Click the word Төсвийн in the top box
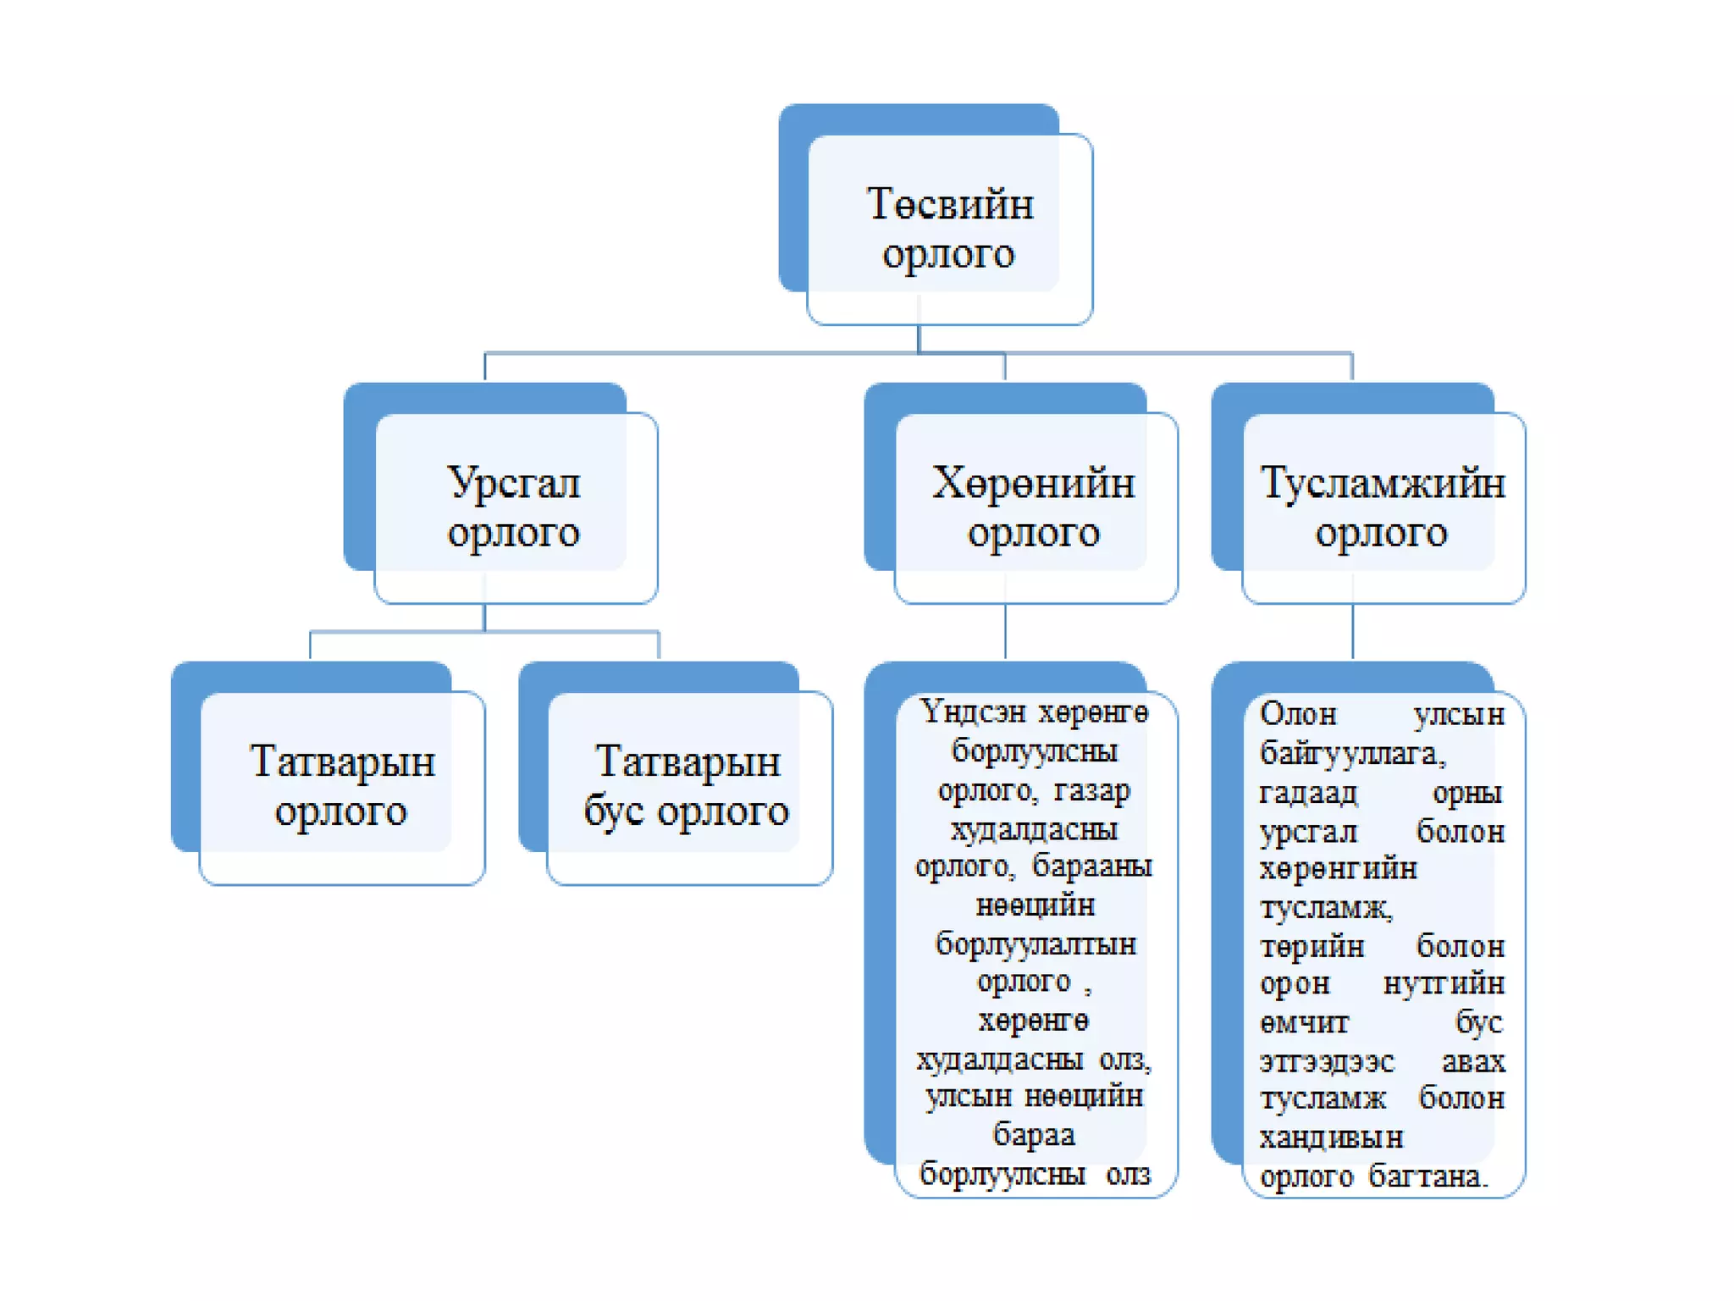click(x=949, y=204)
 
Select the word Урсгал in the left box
click(x=513, y=484)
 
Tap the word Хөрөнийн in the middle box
click(x=1033, y=484)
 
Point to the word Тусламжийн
click(x=1383, y=484)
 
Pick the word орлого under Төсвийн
click(x=948, y=253)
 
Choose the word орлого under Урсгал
click(x=513, y=533)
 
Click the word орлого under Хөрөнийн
click(x=1033, y=533)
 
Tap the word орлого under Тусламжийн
click(x=1381, y=533)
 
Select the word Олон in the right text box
click(x=1298, y=714)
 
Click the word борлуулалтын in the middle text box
click(x=1035, y=944)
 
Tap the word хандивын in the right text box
click(x=1330, y=1137)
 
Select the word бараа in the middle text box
click(x=1034, y=1135)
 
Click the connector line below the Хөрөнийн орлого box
click(x=1005, y=631)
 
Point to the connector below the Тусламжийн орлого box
click(x=1352, y=631)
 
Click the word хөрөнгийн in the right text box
click(x=1338, y=869)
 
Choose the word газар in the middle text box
click(x=1092, y=790)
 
